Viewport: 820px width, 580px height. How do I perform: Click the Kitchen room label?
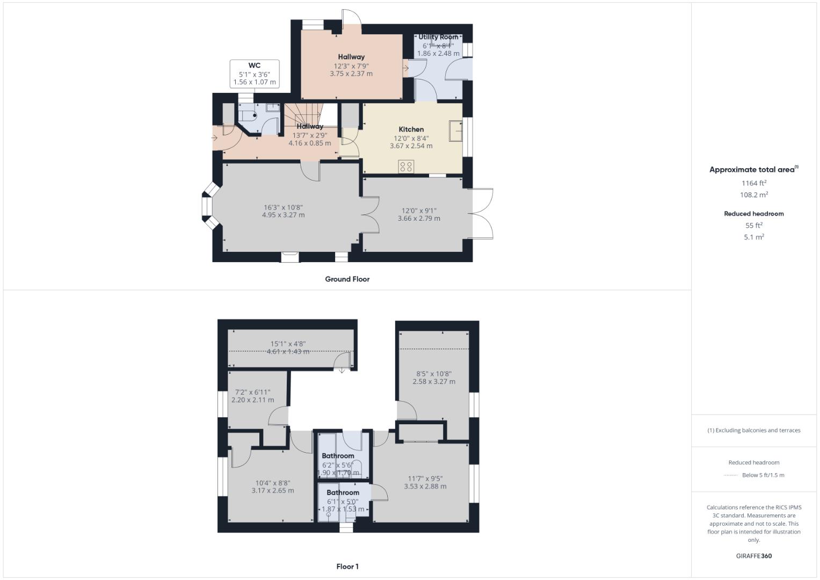[x=411, y=129]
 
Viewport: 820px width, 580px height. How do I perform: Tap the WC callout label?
[x=255, y=66]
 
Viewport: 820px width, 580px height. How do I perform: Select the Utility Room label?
[x=439, y=37]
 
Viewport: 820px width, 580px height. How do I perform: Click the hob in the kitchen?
[x=406, y=166]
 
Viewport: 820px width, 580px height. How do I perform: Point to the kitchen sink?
[x=456, y=130]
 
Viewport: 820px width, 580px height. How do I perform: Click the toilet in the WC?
[x=249, y=115]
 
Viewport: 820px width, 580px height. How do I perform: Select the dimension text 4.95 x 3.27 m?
[x=283, y=215]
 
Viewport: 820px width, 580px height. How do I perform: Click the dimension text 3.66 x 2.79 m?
[x=419, y=219]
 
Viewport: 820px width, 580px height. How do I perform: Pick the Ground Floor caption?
[x=347, y=279]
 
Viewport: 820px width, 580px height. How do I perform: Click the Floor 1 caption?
[x=347, y=567]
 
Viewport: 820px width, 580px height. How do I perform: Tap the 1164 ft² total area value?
[x=754, y=183]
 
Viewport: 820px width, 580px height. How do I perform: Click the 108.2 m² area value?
[x=754, y=195]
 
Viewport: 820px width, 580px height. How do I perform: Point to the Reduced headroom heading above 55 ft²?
[x=754, y=214]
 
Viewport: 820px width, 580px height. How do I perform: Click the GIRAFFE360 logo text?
[x=754, y=556]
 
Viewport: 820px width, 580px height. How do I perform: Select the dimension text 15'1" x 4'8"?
[x=288, y=344]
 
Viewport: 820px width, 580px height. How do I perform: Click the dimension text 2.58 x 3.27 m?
[x=434, y=382]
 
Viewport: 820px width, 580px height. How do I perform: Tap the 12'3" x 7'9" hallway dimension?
[x=351, y=66]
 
